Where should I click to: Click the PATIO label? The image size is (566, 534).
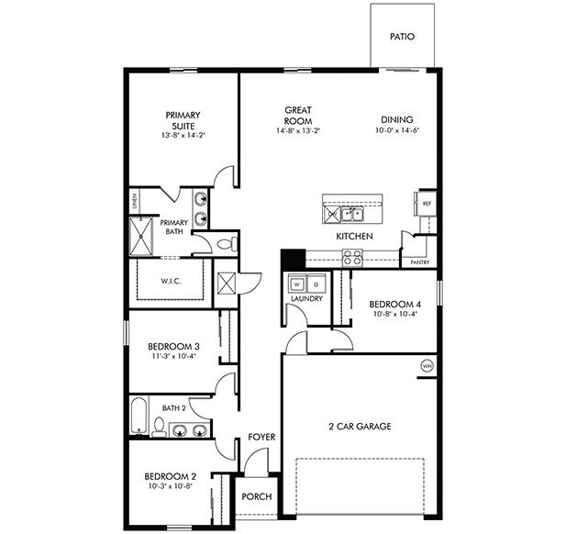pos(402,38)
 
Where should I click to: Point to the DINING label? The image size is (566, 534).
pos(397,119)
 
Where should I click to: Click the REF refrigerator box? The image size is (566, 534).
pos(427,204)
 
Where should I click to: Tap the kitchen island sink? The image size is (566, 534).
pos(350,214)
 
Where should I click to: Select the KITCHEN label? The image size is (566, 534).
pos(354,237)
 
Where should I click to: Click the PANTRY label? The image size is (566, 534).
pos(420,262)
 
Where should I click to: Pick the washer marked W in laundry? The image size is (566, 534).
pos(296,284)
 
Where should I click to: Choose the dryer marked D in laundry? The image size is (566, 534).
pos(315,284)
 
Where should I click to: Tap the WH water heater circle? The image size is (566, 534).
pos(427,366)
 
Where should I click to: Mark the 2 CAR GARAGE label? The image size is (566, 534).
pos(361,427)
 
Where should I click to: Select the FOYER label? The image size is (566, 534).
pos(261,438)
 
